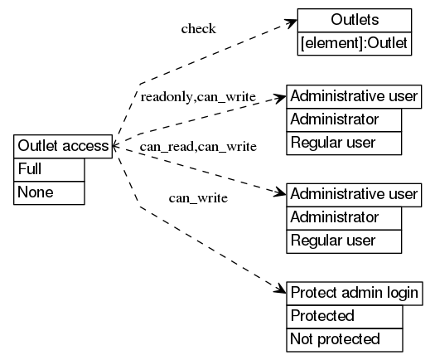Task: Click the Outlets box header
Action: (354, 20)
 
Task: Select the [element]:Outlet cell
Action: (354, 43)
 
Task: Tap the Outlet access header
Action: (64, 146)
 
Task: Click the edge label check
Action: (198, 29)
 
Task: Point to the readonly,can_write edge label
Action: (198, 97)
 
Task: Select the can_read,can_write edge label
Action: (198, 147)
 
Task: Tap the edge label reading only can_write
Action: (198, 198)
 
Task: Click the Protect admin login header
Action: (354, 292)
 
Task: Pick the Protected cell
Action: (344, 316)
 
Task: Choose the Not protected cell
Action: (344, 339)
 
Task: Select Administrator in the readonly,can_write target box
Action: (344, 119)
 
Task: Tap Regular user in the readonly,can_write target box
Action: (344, 143)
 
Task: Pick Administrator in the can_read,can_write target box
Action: (344, 217)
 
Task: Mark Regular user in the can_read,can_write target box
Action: (344, 241)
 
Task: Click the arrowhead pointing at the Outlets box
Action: (291, 21)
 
